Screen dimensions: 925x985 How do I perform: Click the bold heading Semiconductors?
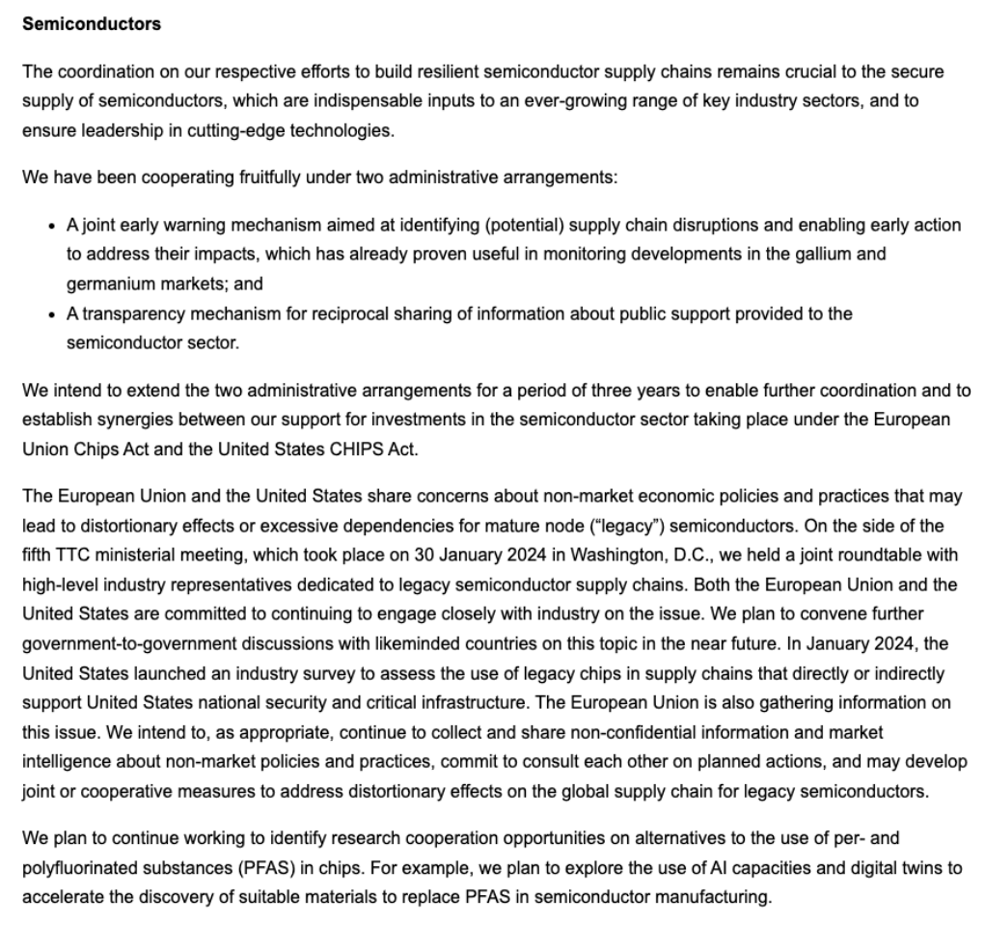pyautogui.click(x=91, y=25)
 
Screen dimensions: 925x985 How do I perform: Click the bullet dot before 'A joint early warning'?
pyautogui.click(x=51, y=226)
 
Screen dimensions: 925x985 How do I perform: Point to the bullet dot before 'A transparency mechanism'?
pyautogui.click(x=51, y=314)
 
